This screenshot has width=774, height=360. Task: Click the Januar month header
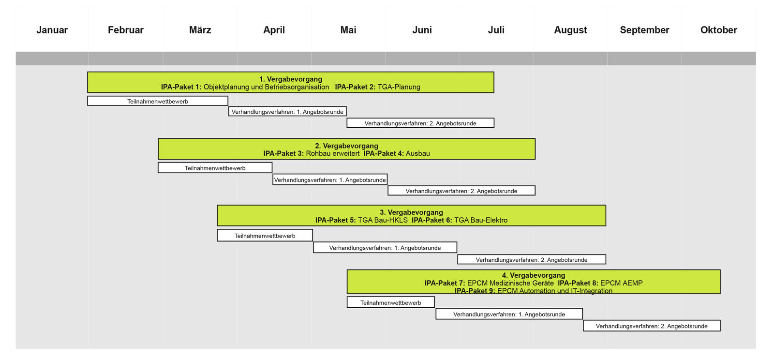(x=52, y=30)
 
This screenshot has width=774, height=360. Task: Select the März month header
(x=200, y=30)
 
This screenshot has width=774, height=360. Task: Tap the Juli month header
(x=496, y=30)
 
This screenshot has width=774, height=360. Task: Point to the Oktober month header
(x=719, y=30)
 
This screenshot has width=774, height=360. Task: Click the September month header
(x=644, y=30)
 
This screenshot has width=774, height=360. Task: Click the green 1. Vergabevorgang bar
(x=291, y=82)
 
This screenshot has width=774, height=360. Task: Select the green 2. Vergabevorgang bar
(x=346, y=149)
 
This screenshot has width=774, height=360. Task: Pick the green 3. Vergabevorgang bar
(x=412, y=216)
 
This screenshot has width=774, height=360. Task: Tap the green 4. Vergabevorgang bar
(x=534, y=282)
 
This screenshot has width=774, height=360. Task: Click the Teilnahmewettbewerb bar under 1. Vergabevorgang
(x=158, y=101)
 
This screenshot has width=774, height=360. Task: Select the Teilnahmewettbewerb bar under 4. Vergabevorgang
(x=391, y=302)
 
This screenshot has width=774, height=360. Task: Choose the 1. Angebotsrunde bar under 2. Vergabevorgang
(x=330, y=180)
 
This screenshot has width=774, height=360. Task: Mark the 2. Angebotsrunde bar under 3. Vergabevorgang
(x=532, y=259)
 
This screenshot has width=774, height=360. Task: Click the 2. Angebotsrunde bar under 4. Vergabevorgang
(x=652, y=326)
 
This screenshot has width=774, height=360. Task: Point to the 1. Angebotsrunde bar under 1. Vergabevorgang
(x=287, y=111)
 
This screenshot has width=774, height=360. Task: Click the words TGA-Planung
(x=399, y=87)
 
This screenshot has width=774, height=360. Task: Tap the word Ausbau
(x=418, y=153)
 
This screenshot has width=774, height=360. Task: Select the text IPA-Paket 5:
(x=335, y=220)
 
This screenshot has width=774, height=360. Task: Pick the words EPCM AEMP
(x=622, y=283)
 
